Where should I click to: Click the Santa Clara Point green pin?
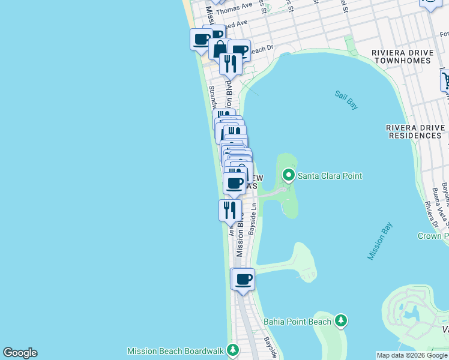[x=289, y=176]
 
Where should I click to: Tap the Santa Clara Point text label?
[x=330, y=176]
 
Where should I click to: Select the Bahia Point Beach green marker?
[x=341, y=321]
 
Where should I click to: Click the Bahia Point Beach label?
[x=298, y=322]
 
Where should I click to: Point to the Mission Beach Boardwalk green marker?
[x=232, y=350]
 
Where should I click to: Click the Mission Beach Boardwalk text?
[x=175, y=350]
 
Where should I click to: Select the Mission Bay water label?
[x=380, y=241]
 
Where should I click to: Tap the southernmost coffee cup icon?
[x=243, y=280]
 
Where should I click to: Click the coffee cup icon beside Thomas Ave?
[x=201, y=40]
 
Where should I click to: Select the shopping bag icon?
[x=220, y=49]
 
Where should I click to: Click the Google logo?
[x=20, y=353]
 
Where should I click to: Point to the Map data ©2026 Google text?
[x=412, y=355]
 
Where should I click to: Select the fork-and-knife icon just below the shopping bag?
[x=231, y=62]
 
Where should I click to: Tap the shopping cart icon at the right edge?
[x=445, y=80]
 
